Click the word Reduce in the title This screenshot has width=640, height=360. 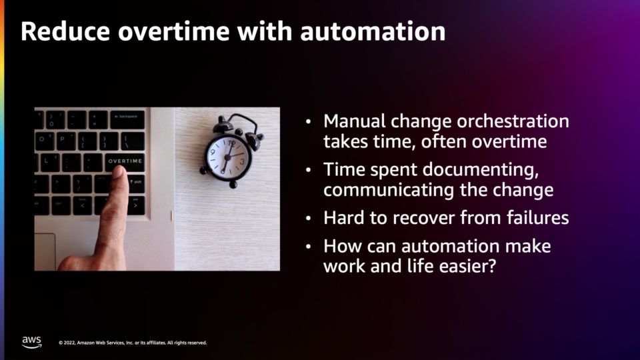65,31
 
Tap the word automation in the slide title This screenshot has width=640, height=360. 373,32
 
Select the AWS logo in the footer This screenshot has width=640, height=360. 31,342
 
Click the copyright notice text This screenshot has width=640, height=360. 133,343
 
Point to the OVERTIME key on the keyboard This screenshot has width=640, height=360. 125,161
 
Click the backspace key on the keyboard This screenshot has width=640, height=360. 127,119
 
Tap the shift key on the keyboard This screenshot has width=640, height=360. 137,184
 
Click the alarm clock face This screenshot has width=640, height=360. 227,157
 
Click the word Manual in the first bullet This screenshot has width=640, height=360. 354,121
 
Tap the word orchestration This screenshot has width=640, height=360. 513,121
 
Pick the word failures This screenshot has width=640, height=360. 537,217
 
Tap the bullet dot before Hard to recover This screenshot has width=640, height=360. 309,219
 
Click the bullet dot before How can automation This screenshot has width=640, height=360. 309,247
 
